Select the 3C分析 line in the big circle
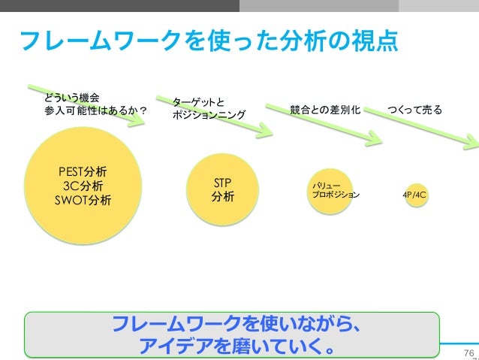tap(83, 186)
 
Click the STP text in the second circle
tap(222, 183)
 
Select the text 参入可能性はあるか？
tap(95, 112)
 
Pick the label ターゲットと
tap(198, 101)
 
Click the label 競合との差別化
tap(324, 110)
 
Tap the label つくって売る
tap(415, 110)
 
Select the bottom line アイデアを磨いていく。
tap(233, 346)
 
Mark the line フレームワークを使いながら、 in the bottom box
tap(233, 325)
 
